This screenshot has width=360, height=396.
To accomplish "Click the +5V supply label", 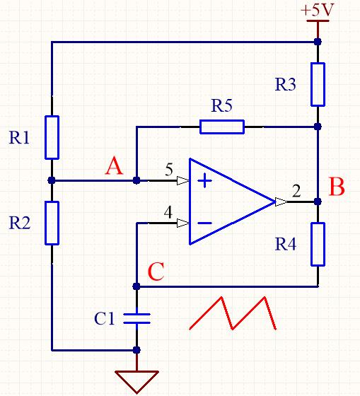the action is [x=318, y=11].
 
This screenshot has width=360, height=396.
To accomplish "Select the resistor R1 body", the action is [x=52, y=138].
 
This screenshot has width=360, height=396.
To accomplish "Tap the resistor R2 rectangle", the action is [x=52, y=223].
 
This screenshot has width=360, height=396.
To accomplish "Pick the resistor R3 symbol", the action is [x=318, y=84].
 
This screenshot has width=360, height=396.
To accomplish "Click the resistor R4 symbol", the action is [x=318, y=244].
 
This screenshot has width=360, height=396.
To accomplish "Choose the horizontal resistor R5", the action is [x=222, y=127].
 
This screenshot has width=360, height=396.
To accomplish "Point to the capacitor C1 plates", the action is [x=137, y=318].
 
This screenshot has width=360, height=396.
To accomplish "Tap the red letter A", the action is [x=114, y=165].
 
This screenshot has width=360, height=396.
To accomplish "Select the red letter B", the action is [x=337, y=187].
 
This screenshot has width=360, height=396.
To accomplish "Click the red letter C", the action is [x=156, y=272].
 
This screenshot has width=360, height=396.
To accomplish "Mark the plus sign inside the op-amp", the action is [x=204, y=181].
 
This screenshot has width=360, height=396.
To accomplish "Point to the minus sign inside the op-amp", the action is [x=204, y=223].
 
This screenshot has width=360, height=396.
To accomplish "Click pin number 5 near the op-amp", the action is [x=169, y=169].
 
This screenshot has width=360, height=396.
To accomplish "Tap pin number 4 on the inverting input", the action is [x=168, y=212].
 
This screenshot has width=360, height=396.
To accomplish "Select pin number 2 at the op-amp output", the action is [x=296, y=191].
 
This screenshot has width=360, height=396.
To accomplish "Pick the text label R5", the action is [x=221, y=105].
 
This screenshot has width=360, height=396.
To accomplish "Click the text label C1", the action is [x=105, y=318].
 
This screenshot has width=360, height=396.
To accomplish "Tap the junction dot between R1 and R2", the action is [x=52, y=180].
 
